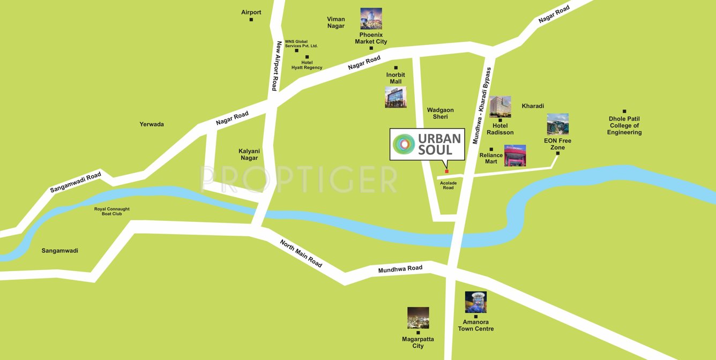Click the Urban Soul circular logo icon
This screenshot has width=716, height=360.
404,144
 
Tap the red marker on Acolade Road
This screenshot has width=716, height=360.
446,171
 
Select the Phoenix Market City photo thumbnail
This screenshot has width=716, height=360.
371,19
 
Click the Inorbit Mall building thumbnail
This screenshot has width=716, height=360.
396,97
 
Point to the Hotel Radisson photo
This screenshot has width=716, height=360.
500,107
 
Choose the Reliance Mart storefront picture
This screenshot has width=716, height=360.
515,155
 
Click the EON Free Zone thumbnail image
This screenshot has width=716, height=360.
557,124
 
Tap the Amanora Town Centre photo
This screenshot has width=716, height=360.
476,302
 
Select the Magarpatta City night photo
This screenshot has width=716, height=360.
418,318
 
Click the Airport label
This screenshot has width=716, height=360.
251,12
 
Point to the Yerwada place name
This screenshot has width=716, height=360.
152,124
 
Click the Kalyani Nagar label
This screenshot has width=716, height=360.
249,154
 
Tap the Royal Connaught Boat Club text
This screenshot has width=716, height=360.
112,212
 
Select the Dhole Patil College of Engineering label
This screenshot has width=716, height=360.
624,125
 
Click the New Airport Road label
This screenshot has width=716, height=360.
276,66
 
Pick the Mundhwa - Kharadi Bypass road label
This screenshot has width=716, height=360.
481,106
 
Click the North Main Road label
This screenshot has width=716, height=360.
301,253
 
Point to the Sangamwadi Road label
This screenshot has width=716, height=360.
75,182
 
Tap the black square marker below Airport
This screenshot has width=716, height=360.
251,20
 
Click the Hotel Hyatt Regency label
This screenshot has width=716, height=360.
307,65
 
